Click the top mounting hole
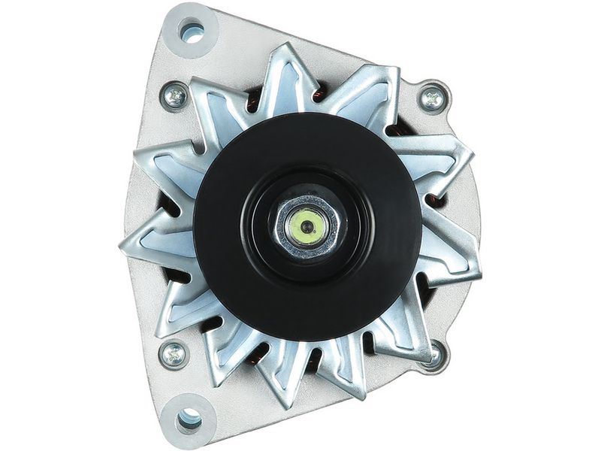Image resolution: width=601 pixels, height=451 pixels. click(x=192, y=32)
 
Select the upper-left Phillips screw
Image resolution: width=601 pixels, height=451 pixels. click(x=174, y=95)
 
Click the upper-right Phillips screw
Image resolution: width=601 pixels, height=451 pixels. click(x=432, y=97)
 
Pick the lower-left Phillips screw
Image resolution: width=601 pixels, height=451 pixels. click(x=174, y=353)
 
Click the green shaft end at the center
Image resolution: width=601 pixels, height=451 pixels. click(x=306, y=223)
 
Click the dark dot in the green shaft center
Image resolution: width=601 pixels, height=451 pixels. click(x=306, y=223)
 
